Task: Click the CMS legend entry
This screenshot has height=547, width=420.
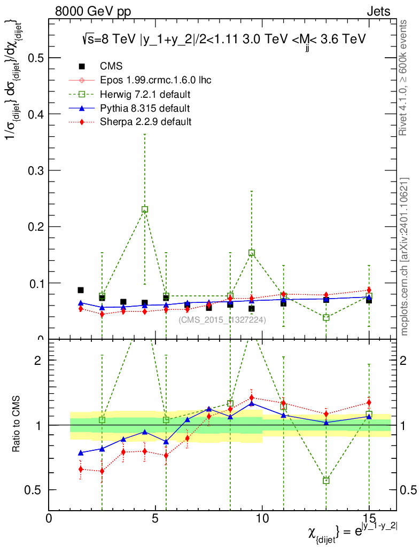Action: (x=111, y=66)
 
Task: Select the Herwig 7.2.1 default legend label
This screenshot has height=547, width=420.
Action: (x=145, y=95)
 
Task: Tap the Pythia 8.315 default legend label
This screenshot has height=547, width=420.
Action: (x=145, y=108)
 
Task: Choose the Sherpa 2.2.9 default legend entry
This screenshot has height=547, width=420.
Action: (x=145, y=122)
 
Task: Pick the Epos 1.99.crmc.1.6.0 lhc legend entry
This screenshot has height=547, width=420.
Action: (x=155, y=81)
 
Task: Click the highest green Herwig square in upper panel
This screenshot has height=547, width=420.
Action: (x=145, y=209)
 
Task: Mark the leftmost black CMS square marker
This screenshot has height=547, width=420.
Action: (x=81, y=290)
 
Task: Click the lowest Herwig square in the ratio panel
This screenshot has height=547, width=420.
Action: (x=326, y=481)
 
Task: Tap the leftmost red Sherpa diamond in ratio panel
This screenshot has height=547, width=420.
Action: (x=81, y=470)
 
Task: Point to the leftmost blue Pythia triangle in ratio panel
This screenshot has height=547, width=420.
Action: (x=81, y=453)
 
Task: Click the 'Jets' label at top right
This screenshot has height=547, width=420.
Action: (x=378, y=11)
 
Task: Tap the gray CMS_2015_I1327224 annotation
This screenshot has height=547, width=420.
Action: (x=222, y=320)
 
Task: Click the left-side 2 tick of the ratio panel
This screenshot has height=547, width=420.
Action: (x=38, y=360)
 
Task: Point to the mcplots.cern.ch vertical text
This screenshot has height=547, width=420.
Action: (x=405, y=256)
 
